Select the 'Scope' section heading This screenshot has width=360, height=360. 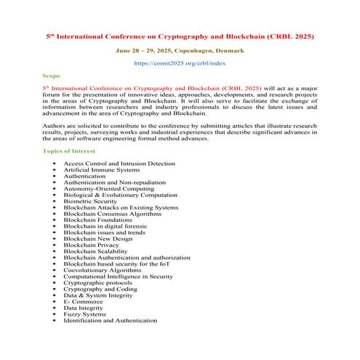pyautogui.click(x=52, y=75)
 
